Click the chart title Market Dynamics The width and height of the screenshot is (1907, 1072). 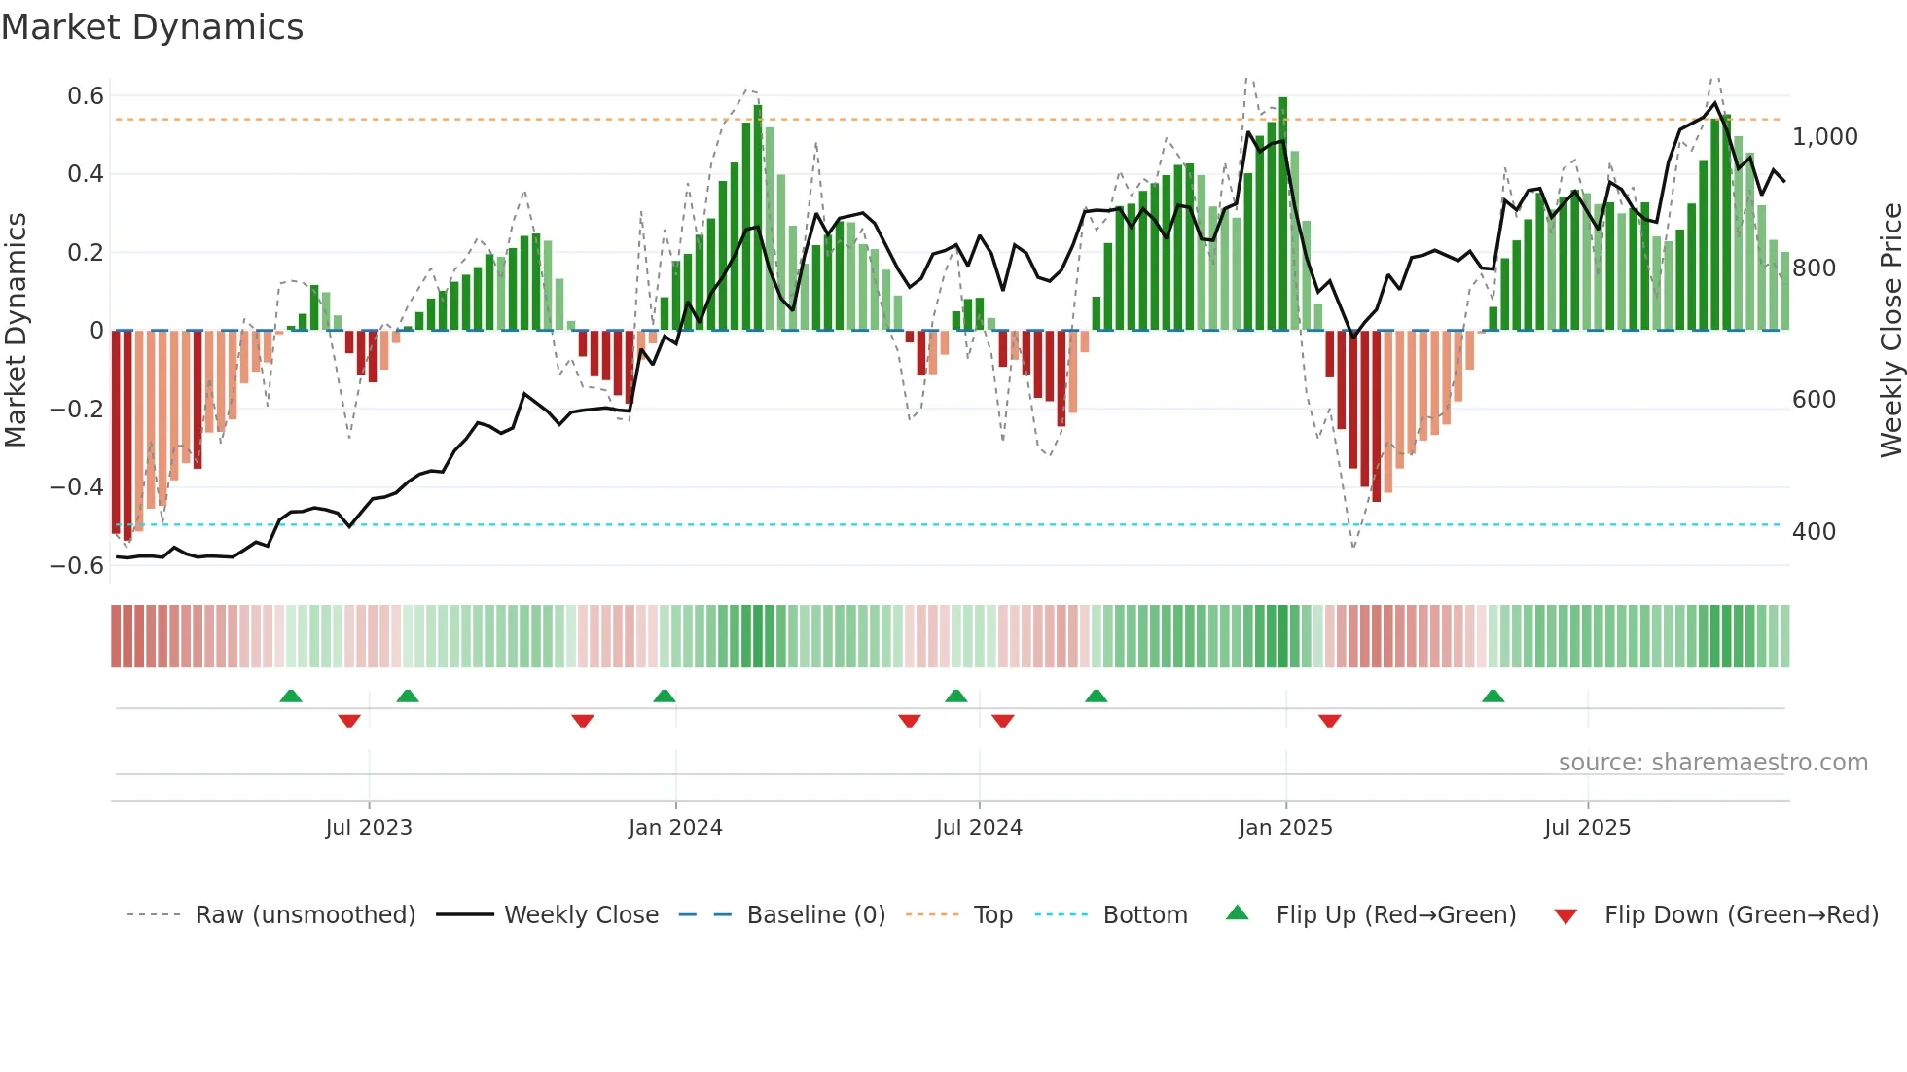tap(152, 27)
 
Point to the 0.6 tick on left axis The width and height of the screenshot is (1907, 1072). tap(86, 96)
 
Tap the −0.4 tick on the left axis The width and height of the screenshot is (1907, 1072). tap(77, 487)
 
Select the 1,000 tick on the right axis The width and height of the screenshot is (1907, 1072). tap(1824, 137)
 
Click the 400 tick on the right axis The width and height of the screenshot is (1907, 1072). tap(1814, 532)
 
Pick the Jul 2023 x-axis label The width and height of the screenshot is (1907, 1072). tap(369, 828)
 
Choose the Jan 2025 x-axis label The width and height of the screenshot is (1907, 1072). tap(1285, 828)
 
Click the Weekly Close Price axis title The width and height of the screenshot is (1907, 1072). tap(1890, 331)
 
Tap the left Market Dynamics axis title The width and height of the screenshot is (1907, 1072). tap(16, 331)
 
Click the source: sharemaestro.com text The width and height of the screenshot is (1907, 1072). tap(1712, 763)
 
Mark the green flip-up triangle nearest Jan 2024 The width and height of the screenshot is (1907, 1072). tap(665, 696)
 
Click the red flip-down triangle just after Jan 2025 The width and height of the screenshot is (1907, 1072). tap(1330, 721)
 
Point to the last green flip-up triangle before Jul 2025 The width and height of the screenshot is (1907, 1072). tap(1493, 696)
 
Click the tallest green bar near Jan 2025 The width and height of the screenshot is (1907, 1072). tap(1283, 214)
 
